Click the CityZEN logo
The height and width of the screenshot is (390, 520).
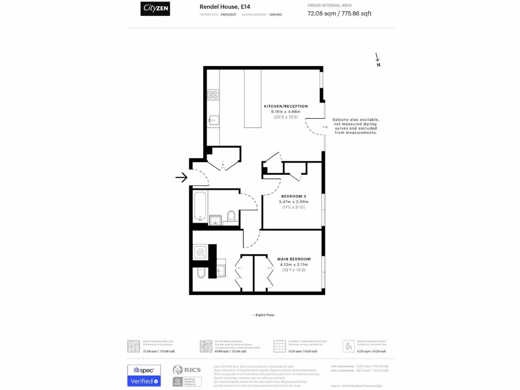click(155, 9)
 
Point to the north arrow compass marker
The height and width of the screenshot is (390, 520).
click(377, 59)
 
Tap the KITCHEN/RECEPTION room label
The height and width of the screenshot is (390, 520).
click(285, 106)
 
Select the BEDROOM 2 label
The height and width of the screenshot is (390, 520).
click(294, 196)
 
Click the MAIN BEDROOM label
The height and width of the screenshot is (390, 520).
click(294, 259)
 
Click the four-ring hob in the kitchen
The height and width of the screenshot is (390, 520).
click(213, 95)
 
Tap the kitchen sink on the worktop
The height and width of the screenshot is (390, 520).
click(213, 120)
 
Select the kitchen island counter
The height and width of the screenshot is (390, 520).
click(252, 99)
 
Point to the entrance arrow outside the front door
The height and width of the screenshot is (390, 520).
click(181, 177)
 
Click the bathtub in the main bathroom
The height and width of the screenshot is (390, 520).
click(200, 207)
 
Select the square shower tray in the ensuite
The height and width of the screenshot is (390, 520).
click(201, 252)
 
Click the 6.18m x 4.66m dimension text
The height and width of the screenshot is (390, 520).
click(285, 111)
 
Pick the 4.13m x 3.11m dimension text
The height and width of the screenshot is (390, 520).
click(294, 265)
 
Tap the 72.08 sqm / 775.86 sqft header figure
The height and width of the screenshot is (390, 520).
click(339, 14)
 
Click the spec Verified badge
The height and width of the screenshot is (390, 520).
click(144, 376)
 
